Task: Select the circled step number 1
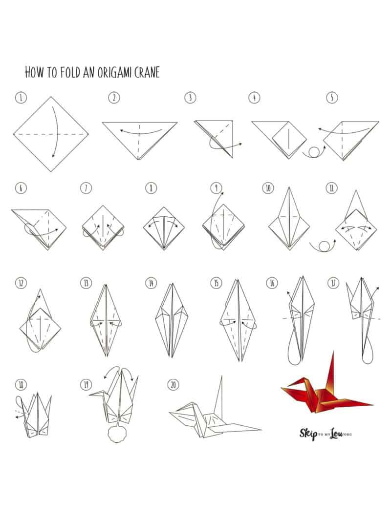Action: [20, 98]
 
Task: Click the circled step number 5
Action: [332, 98]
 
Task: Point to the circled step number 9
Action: [216, 188]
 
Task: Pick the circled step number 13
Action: [86, 283]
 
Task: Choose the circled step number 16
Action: [272, 283]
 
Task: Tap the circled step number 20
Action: [172, 384]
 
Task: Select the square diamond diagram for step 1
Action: [51, 133]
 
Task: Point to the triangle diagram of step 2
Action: [139, 137]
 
